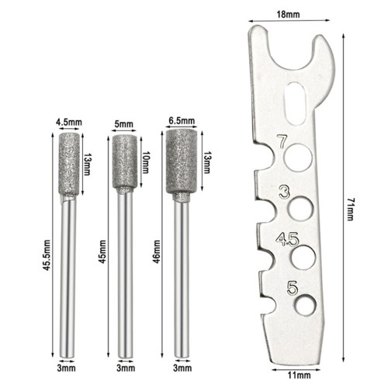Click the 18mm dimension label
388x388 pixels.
pos(288,14)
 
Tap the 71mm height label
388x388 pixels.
pos(350,210)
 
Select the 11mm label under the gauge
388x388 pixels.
pos(300,375)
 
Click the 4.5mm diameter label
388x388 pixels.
pos(69,122)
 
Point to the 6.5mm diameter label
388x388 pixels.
pos(182,121)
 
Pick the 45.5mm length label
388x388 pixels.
pos(47,255)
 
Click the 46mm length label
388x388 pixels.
pos(156,251)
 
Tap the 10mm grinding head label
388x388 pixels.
pos(146,162)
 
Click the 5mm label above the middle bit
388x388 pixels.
pos(123,124)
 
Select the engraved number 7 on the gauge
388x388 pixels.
pos(282,141)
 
